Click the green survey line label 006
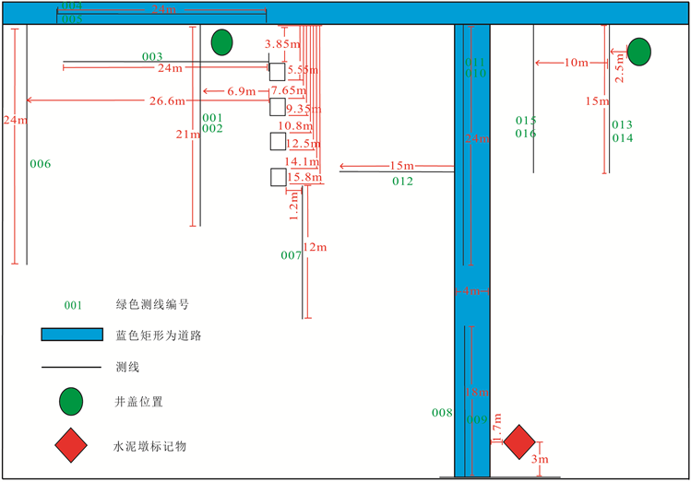[40, 164]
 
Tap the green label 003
[152, 57]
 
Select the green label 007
[291, 254]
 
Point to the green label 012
[402, 182]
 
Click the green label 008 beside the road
[442, 413]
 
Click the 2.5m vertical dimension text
[619, 71]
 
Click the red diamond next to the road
[519, 442]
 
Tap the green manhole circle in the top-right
[638, 52]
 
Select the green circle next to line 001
[221, 42]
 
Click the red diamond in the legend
[71, 446]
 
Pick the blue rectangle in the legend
[71, 335]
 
